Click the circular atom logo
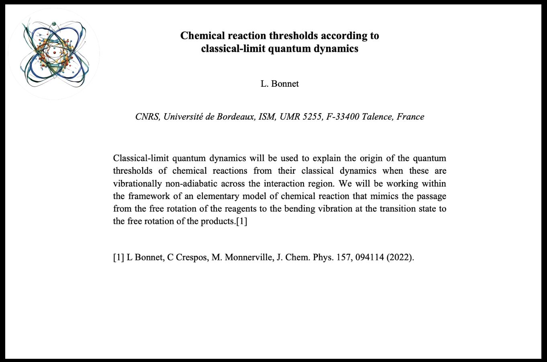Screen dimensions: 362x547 point(54,54)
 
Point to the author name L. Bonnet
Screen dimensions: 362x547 point(280,84)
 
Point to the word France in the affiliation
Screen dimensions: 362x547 point(410,117)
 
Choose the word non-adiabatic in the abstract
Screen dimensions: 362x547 point(191,184)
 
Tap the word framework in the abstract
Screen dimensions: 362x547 point(146,196)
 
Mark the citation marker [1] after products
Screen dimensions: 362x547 point(242,222)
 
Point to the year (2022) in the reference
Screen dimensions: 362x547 point(400,257)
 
